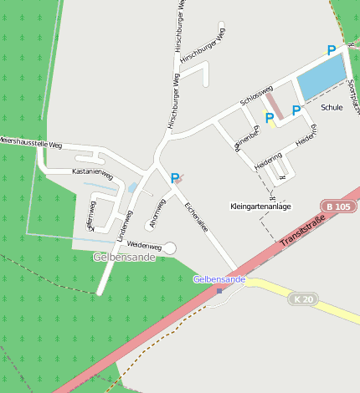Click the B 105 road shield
click(338, 207)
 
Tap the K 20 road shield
click(303, 299)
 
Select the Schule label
click(332, 108)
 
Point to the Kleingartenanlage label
click(260, 206)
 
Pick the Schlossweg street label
click(256, 94)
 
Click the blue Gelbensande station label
click(219, 278)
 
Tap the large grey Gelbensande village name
click(126, 258)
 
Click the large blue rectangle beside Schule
click(321, 77)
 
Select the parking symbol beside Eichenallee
click(174, 178)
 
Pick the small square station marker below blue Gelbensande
click(219, 291)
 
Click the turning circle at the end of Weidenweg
click(170, 248)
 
